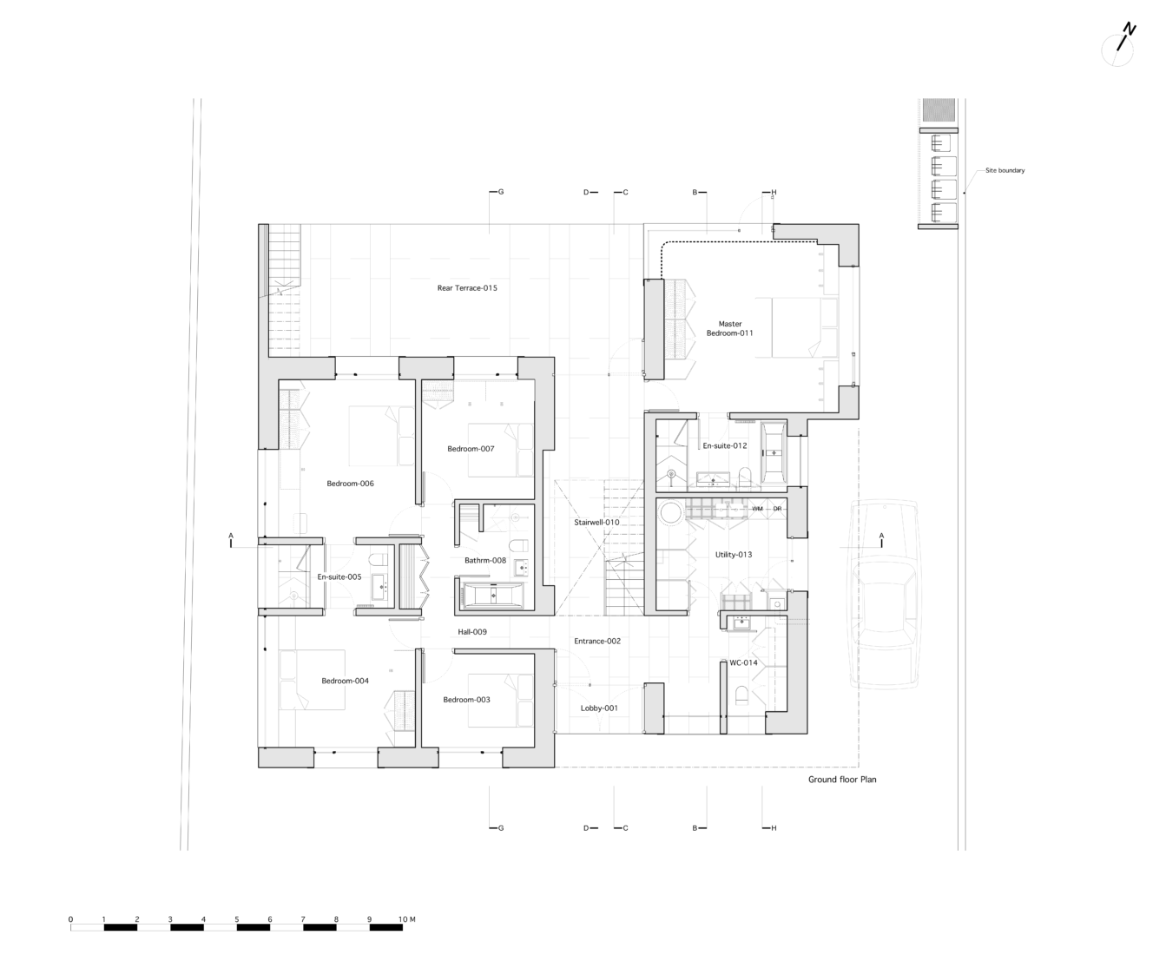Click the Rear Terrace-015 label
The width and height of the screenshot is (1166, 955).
coord(467,287)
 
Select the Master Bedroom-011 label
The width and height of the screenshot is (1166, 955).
coord(729,328)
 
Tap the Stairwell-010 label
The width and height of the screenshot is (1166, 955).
coord(596,523)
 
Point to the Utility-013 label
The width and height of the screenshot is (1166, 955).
coord(734,554)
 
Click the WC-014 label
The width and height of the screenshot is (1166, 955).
coord(743,662)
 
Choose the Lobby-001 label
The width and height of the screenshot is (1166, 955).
coord(599,708)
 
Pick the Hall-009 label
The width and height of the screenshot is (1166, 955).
coord(472,632)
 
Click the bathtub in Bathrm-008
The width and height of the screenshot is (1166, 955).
coord(492,596)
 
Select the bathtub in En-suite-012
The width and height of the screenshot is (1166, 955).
coord(773,452)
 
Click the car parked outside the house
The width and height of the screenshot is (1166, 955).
coord(885,595)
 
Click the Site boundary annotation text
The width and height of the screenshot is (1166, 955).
coord(1005,170)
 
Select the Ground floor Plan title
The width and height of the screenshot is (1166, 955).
coord(842,780)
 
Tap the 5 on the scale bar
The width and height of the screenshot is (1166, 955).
coord(236,919)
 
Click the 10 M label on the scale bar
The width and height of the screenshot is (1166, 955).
coord(406,919)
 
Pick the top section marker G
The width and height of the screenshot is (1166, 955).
coord(500,192)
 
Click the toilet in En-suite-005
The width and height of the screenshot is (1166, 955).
coord(378,558)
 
